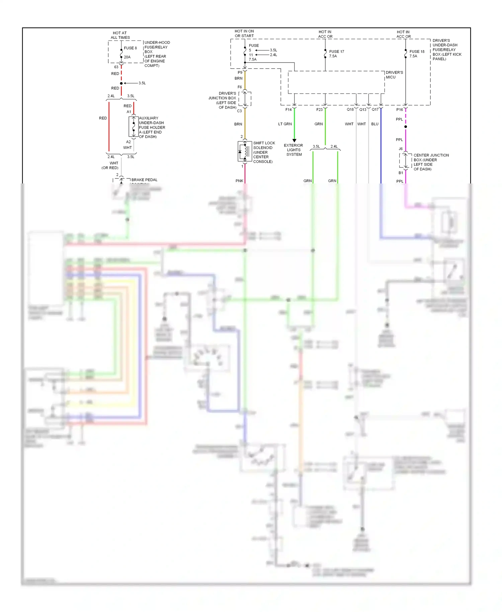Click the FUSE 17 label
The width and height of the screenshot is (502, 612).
pyautogui.click(x=336, y=52)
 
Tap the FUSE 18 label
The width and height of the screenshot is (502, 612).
pyautogui.click(x=417, y=52)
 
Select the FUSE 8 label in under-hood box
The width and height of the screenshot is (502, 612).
pyautogui.click(x=130, y=48)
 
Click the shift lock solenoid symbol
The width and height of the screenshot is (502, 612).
pyautogui.click(x=245, y=151)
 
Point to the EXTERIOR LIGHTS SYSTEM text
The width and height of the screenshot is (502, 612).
pyautogui.click(x=294, y=150)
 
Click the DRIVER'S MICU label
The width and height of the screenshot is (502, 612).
pyautogui.click(x=394, y=75)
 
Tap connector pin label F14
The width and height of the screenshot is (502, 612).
pyautogui.click(x=288, y=109)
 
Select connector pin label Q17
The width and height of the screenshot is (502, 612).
pyautogui.click(x=375, y=109)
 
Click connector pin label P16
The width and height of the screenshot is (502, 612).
pyautogui.click(x=400, y=109)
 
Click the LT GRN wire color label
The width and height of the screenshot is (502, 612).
pyautogui.click(x=285, y=124)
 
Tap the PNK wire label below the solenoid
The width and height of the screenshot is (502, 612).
pyautogui.click(x=239, y=181)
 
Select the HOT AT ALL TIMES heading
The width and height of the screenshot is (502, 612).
pyautogui.click(x=120, y=35)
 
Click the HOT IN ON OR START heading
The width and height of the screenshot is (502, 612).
pyautogui.click(x=244, y=33)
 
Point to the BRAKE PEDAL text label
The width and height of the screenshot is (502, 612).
pyautogui.click(x=144, y=180)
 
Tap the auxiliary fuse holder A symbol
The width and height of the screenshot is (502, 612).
pyautogui.click(x=134, y=127)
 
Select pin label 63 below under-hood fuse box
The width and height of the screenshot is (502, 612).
pyautogui.click(x=116, y=67)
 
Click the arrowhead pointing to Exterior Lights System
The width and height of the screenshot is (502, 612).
pyautogui.click(x=295, y=140)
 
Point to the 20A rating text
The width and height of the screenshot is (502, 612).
pyautogui.click(x=127, y=57)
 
